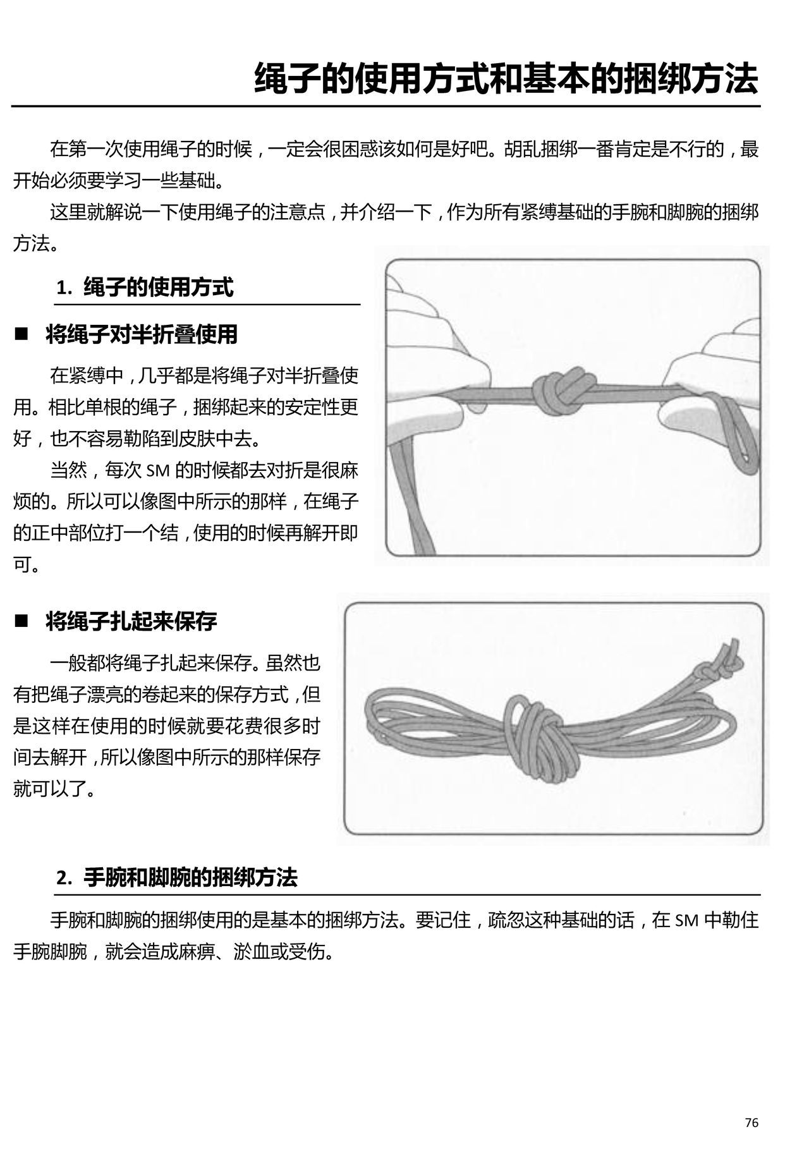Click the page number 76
tap(751, 1122)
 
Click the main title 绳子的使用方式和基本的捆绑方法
tap(506, 78)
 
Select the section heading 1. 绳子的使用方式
tap(145, 288)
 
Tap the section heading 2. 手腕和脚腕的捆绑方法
tap(176, 878)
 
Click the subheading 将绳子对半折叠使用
tap(142, 334)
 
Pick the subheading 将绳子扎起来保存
tap(131, 622)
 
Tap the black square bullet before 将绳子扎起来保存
tap(23, 621)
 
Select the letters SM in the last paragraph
tap(686, 920)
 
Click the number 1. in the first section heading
tap(64, 288)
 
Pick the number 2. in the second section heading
tap(64, 878)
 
